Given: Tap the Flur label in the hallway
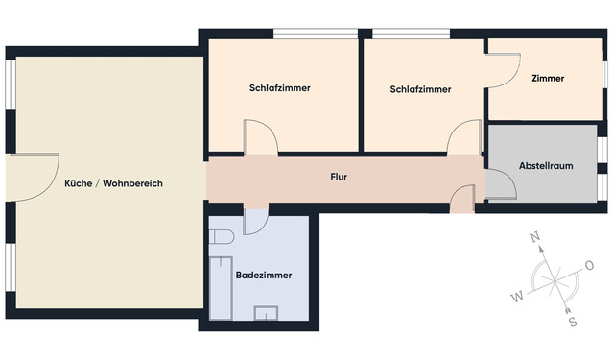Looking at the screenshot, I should (339, 178).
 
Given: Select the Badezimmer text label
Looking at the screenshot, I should (264, 276).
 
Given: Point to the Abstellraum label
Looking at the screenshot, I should (546, 165).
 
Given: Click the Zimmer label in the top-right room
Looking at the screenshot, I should (548, 79).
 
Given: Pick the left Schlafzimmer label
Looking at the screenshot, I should (279, 88).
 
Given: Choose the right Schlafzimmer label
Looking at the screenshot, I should (420, 89).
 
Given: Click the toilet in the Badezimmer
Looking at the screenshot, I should (223, 236).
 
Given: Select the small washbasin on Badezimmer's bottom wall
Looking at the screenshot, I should (265, 313).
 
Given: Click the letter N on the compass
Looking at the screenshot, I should (536, 238).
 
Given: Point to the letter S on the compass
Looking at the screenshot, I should (573, 321).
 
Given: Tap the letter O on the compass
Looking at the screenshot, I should (589, 265).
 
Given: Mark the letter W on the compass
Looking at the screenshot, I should (517, 297).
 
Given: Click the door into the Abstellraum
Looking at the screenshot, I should (500, 183).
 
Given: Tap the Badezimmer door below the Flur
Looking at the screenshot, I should (255, 220).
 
